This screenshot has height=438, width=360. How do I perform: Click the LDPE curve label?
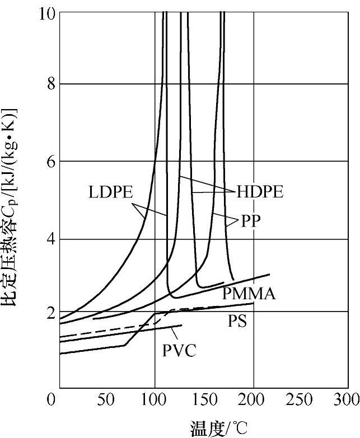coord(110,192)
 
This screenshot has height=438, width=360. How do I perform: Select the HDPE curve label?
coord(260,192)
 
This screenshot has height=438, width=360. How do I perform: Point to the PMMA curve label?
coord(249,293)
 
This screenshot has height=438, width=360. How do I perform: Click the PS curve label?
coord(237,321)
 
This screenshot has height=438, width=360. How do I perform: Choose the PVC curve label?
coord(179,351)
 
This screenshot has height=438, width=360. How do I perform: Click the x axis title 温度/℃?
coord(218,428)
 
